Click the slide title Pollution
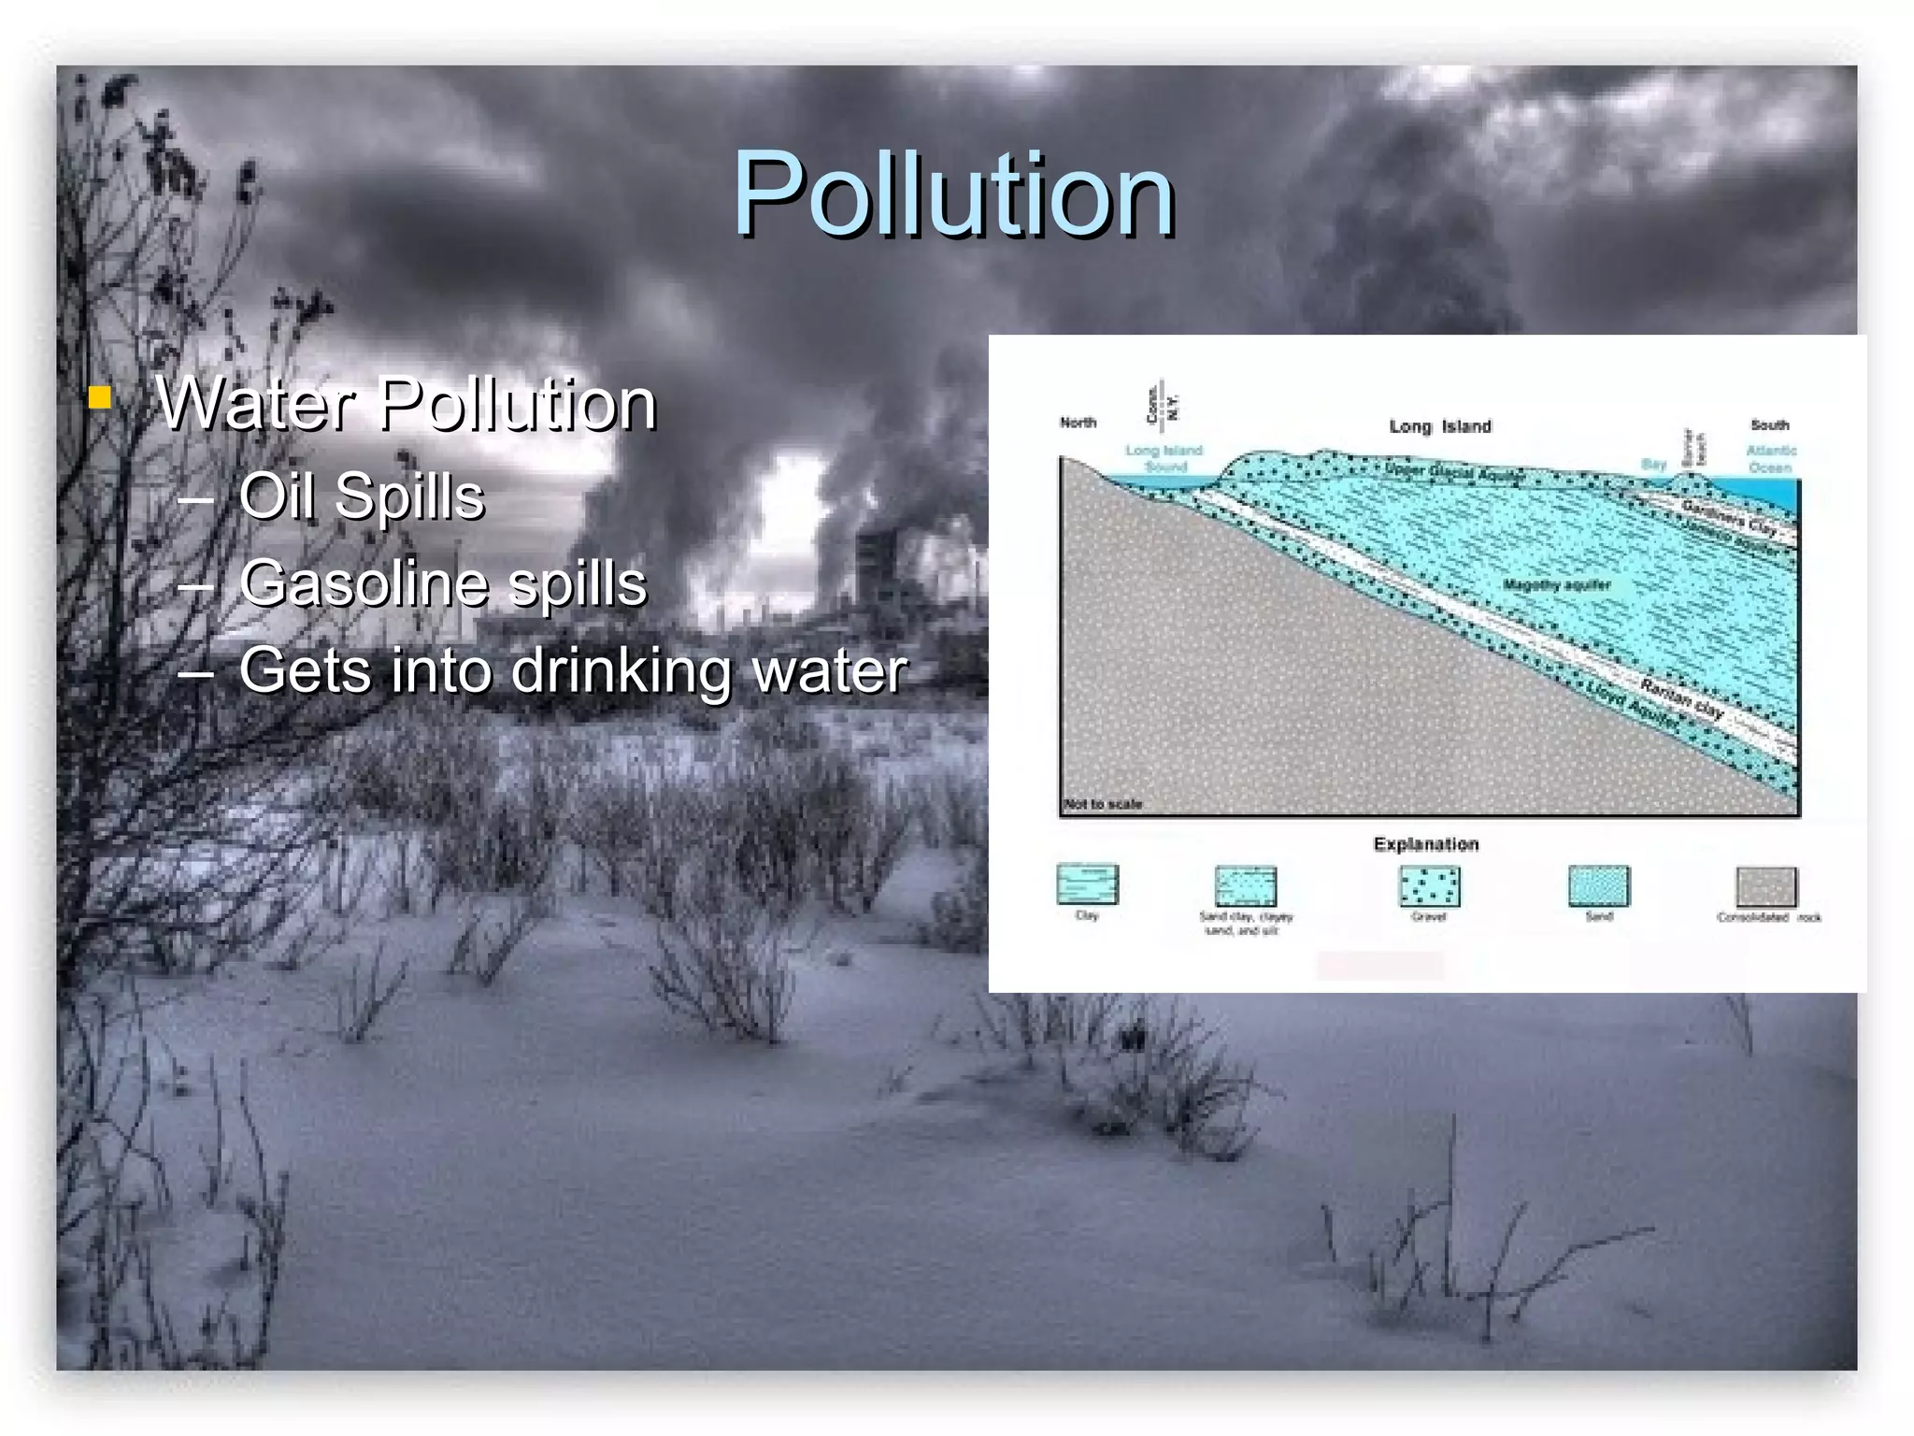click(x=953, y=196)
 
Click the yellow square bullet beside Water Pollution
click(x=100, y=398)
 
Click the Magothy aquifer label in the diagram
click(x=1556, y=585)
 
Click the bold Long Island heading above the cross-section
click(x=1440, y=427)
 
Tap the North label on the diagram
click(x=1078, y=423)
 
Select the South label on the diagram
click(x=1769, y=424)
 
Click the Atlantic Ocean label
click(x=1771, y=459)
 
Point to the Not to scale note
click(x=1103, y=804)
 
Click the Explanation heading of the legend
click(x=1426, y=844)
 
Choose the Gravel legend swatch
click(x=1429, y=886)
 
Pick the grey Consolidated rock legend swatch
click(x=1765, y=886)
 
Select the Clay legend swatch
click(x=1087, y=884)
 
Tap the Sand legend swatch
click(x=1598, y=886)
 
